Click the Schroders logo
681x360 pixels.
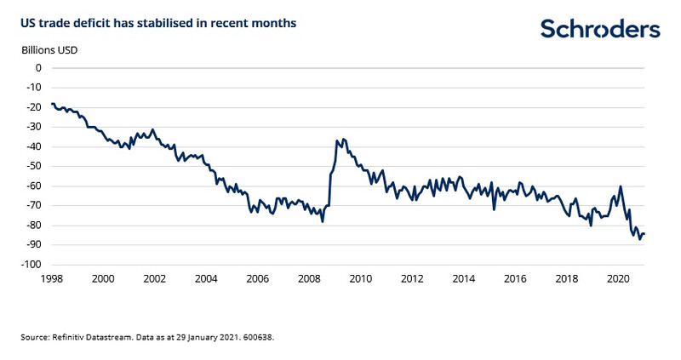600,29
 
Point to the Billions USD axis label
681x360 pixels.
50,49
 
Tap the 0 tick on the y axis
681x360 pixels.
38,68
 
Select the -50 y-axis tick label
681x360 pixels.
33,166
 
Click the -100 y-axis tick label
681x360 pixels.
31,265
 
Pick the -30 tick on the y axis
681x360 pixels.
33,127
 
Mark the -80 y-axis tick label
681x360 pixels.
33,226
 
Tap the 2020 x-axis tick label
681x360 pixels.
617,278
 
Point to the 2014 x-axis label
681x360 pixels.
463,278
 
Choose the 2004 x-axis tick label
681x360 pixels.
206,278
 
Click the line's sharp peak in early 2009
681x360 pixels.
338,139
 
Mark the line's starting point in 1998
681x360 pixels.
52,104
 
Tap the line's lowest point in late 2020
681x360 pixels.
639,240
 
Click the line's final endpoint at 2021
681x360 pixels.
644,234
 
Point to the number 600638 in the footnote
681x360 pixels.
259,338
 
